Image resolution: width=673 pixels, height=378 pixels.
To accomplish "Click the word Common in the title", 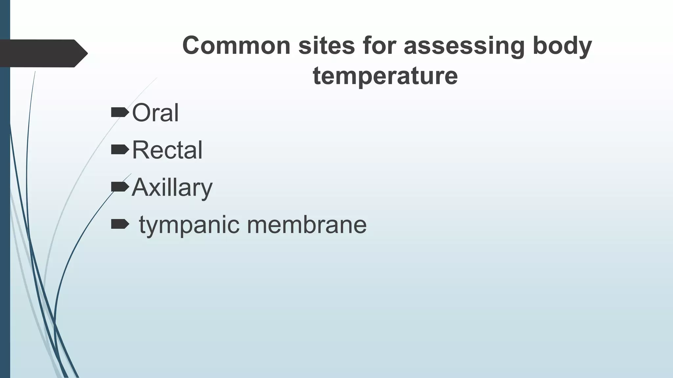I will [236, 46].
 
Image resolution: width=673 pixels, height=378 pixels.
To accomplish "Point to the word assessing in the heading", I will [464, 46].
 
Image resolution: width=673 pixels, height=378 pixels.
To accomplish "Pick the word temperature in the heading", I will [385, 76].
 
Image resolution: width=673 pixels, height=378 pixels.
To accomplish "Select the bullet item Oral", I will [155, 113].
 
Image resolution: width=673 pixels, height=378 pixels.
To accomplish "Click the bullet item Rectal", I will [167, 150].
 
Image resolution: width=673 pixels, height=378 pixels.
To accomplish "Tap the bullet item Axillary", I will [172, 188].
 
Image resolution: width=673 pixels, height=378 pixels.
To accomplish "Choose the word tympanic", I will [189, 225].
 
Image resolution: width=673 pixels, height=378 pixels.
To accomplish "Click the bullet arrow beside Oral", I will [119, 113].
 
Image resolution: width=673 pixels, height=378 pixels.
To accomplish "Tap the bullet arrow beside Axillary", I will [119, 187].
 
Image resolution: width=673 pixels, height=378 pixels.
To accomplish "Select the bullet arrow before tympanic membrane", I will [119, 224].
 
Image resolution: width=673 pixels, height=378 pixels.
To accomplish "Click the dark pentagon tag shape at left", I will [43, 53].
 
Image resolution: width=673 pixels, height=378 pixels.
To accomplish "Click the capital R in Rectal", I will [139, 150].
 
